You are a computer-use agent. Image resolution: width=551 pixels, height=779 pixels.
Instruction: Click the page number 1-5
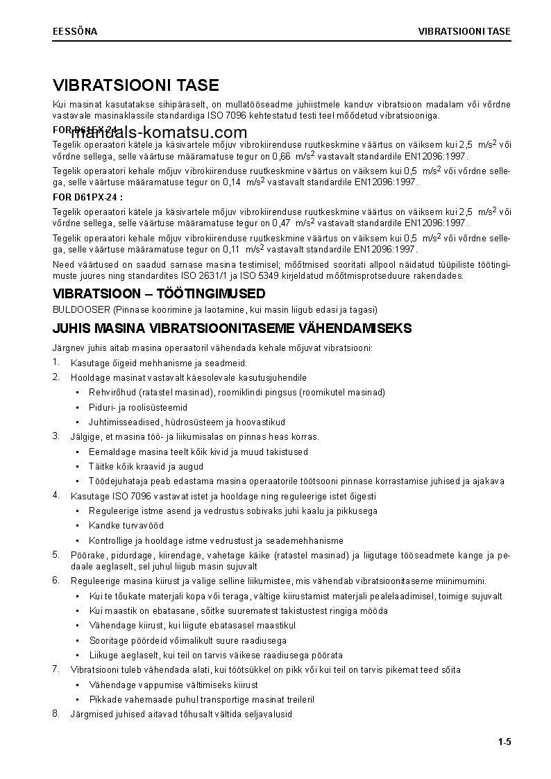tap(504, 743)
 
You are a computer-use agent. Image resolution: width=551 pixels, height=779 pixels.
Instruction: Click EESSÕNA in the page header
tap(75, 32)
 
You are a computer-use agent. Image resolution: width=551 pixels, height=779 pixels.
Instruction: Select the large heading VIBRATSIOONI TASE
tap(136, 85)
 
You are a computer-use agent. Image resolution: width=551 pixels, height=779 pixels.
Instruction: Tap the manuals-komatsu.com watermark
tap(159, 133)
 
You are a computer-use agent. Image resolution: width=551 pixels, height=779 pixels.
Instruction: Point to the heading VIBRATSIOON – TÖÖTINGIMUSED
tap(159, 294)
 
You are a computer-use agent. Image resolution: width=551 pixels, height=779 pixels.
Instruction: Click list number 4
tap(56, 495)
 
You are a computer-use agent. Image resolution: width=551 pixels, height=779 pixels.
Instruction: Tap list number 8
tap(56, 713)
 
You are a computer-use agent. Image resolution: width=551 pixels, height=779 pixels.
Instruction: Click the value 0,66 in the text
tap(280, 156)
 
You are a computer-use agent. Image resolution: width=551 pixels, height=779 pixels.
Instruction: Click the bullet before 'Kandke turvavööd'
tap(76, 526)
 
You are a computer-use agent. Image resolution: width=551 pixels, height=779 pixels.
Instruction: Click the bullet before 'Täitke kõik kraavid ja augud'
tap(76, 466)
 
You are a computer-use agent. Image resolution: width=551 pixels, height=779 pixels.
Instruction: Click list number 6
tap(56, 580)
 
